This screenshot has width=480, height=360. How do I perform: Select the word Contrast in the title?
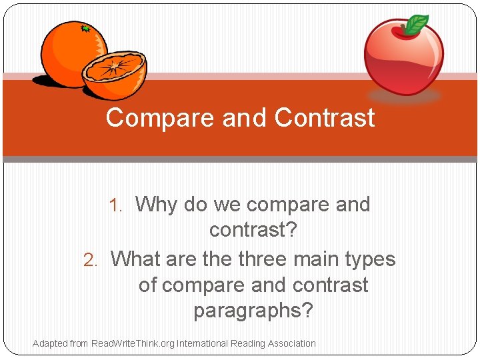[325, 118]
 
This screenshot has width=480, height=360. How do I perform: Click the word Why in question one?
[156, 205]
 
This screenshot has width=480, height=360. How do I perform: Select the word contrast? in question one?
[253, 231]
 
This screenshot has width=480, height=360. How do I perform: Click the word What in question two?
[137, 259]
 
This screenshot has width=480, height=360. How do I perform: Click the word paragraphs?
[253, 311]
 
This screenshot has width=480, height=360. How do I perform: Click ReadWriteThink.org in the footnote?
[132, 343]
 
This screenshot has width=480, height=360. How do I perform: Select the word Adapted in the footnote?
[50, 343]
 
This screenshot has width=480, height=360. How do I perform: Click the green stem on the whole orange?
[85, 29]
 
